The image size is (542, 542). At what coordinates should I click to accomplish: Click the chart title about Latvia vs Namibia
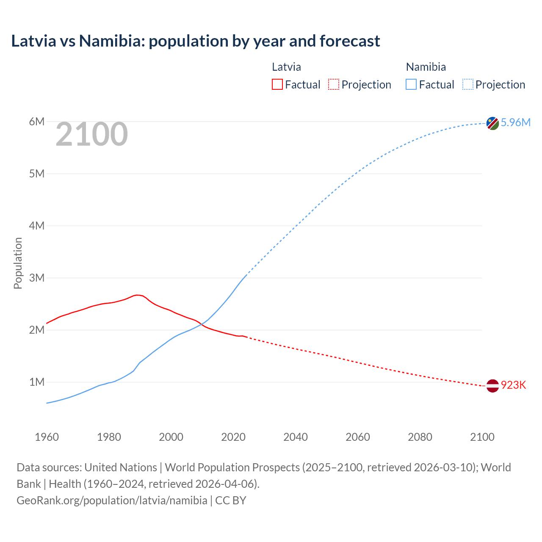click(x=195, y=41)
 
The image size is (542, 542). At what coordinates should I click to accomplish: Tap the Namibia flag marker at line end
click(x=492, y=123)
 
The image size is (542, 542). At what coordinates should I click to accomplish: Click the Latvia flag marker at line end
click(x=492, y=386)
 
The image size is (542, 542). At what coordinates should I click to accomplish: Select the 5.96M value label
click(x=515, y=122)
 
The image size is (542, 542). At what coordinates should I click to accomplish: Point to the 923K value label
click(x=513, y=385)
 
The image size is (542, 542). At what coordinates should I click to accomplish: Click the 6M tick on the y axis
click(x=37, y=122)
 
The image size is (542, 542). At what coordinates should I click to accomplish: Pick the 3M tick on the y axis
click(x=37, y=278)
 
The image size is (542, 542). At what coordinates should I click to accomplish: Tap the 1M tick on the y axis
click(x=37, y=382)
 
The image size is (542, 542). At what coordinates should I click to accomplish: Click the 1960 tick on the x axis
click(x=47, y=437)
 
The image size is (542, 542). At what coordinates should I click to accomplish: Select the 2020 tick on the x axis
click(x=233, y=437)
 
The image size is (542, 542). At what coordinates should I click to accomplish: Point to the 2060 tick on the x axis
click(x=358, y=437)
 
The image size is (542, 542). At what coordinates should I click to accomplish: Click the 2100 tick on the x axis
click(x=482, y=437)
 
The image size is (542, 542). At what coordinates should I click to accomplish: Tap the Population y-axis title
click(x=18, y=263)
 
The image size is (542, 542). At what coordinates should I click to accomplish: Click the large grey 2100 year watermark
click(x=91, y=134)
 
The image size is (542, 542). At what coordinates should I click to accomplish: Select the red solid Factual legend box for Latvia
click(x=277, y=84)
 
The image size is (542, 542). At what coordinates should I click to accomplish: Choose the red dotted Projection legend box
click(x=334, y=84)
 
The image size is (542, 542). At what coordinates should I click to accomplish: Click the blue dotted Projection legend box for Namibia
click(x=468, y=84)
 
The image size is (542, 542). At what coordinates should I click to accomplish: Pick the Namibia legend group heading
click(x=426, y=67)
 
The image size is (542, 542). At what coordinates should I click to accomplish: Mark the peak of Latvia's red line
click(x=136, y=295)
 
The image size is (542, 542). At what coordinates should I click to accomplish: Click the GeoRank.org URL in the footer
click(x=112, y=500)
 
